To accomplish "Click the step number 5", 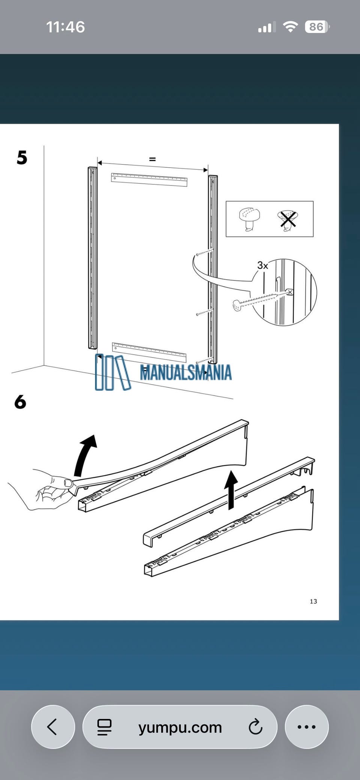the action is coord(22,157).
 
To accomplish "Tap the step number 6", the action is coord(20,401).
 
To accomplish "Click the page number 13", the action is coord(313,601).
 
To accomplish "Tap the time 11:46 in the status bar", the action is coord(66,27).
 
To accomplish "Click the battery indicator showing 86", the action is coord(317,27).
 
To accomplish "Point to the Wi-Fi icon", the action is coord(290,27).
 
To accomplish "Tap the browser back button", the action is coord(53,727).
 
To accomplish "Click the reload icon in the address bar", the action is coord(255,727).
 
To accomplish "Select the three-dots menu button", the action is coord(307,727).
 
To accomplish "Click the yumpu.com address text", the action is coord(180,728).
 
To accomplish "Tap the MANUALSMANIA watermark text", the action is coord(186,373).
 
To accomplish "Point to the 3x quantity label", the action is coord(262,265).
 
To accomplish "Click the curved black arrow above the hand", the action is coord(84,455).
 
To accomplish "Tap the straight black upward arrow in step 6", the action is coord(231,490).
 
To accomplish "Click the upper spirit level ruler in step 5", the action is coord(149,180).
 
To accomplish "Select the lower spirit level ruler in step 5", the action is coord(149,352).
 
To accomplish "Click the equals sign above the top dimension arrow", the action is coord(152,159).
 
